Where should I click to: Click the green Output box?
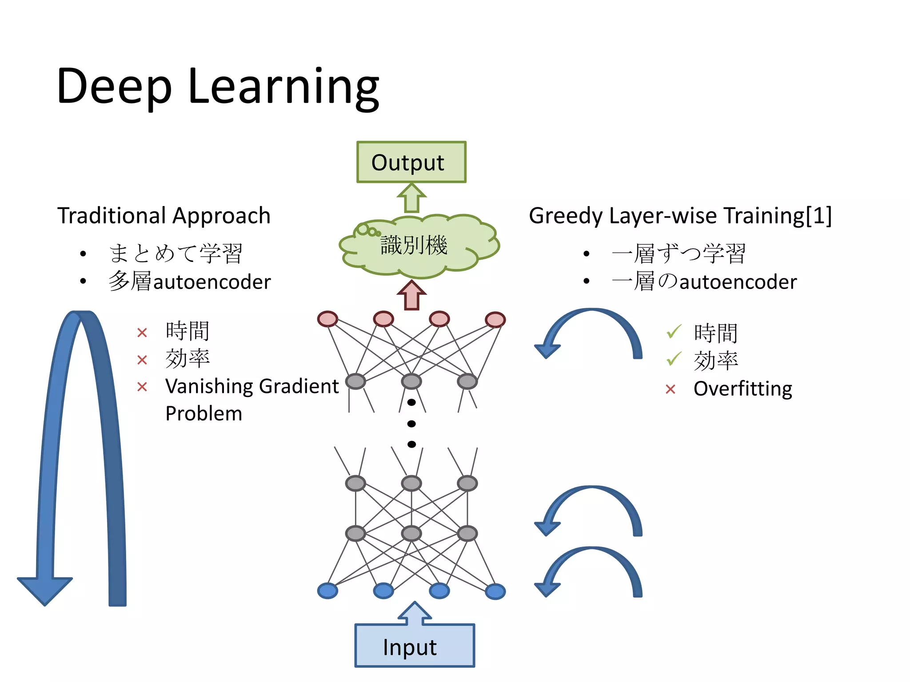coord(411,162)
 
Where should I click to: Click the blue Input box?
coord(414,646)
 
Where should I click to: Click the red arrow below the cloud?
coord(411,295)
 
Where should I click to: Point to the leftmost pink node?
coord(327,319)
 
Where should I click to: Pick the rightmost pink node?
coord(495,320)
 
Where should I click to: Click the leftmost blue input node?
coord(327,591)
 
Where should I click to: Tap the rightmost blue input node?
coord(495,591)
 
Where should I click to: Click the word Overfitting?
coord(742,389)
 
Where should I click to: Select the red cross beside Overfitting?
coord(671,390)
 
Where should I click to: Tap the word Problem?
coord(204,414)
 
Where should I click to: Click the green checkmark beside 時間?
coord(674,331)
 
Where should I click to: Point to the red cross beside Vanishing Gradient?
coord(142,387)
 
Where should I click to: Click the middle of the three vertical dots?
coord(411,424)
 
